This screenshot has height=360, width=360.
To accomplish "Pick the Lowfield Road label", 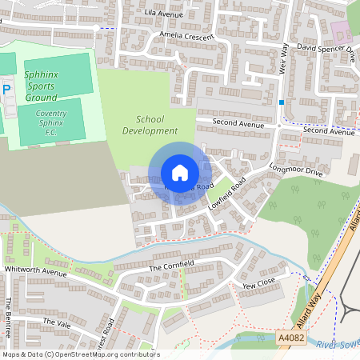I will click(226, 194).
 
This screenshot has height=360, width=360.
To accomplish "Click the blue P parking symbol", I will click(6, 90).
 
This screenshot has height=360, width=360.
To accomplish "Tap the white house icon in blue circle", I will click(180, 173).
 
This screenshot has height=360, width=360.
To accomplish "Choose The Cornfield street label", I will click(172, 265).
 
